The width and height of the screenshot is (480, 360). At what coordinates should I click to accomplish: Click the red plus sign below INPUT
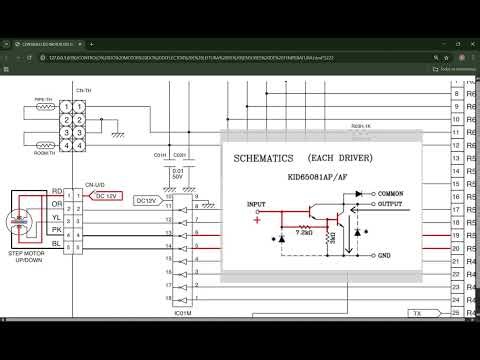tap(257, 220)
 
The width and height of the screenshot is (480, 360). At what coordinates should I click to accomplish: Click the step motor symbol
tap(23, 220)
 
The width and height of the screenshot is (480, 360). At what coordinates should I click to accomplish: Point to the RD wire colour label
tap(57, 191)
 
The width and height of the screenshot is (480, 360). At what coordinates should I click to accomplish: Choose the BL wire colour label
tap(57, 244)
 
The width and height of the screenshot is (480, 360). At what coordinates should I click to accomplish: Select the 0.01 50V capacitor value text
tap(177, 177)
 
